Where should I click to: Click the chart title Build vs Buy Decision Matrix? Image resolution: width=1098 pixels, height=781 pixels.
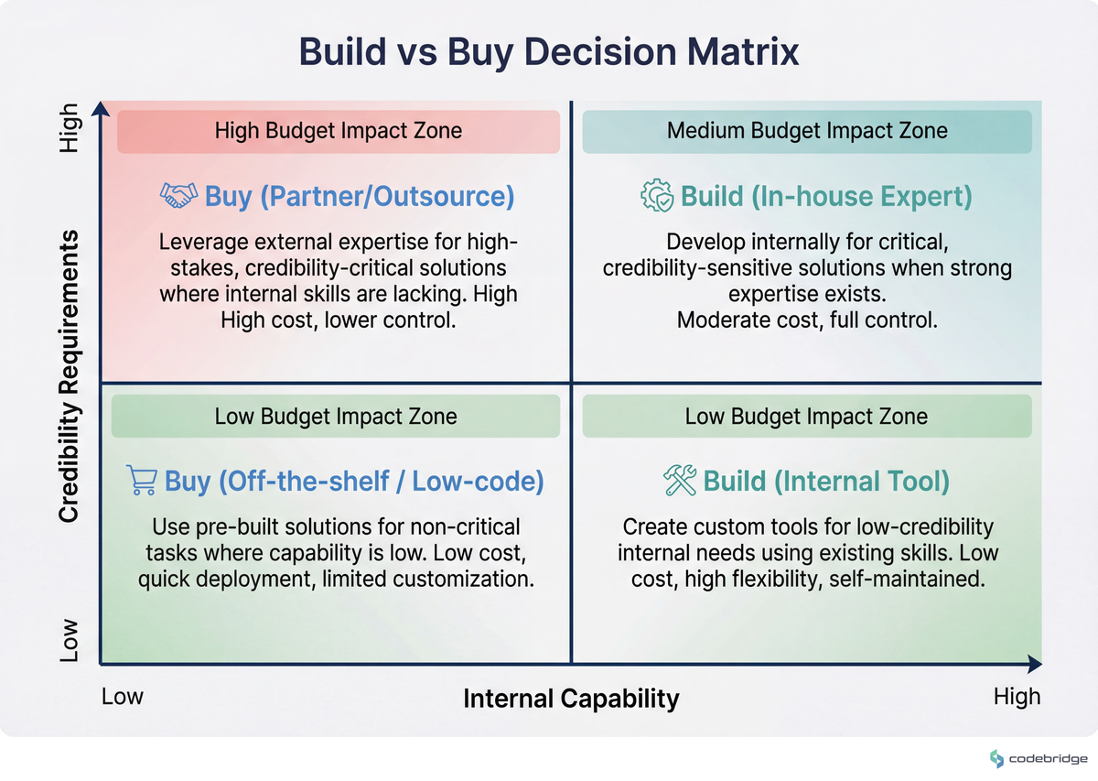(549, 52)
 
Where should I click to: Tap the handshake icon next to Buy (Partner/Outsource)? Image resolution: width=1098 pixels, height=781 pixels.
(178, 194)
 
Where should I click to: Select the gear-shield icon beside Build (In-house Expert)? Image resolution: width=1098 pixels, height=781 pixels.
(656, 197)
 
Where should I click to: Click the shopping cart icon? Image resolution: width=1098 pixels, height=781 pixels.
(141, 481)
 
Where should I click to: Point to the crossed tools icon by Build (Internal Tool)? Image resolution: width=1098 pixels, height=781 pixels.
(680, 481)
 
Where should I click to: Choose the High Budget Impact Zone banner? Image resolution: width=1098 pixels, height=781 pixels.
(338, 131)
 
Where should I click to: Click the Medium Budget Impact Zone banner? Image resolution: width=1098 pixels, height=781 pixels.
(807, 131)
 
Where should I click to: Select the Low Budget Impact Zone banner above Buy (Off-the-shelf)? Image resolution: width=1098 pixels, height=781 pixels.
(335, 417)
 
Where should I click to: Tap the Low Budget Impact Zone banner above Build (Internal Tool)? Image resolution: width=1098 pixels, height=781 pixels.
(807, 417)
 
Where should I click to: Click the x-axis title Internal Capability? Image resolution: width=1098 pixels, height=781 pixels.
(571, 699)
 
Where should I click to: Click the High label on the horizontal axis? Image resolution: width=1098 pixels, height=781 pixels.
(1017, 697)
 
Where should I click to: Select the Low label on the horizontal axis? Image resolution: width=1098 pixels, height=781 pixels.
(122, 697)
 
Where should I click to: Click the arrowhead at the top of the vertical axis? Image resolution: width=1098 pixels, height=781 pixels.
(101, 109)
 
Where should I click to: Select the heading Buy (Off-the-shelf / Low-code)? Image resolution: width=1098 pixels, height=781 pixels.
(354, 481)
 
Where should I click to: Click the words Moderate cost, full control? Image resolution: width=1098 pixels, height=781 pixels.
(806, 320)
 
